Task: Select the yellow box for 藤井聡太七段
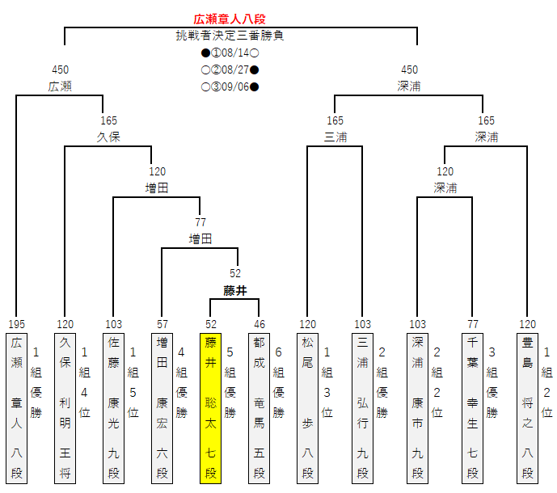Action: point(210,407)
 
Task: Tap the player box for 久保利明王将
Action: point(65,407)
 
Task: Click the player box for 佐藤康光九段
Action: point(114,407)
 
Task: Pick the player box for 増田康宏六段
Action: point(162,407)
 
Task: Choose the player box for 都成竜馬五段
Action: point(259,407)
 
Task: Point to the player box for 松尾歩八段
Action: point(307,407)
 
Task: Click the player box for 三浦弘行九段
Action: point(362,407)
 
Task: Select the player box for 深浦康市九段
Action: point(417,407)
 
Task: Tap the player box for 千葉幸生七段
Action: point(472,407)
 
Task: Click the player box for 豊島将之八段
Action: point(527,407)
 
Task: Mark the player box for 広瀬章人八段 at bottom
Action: point(16,407)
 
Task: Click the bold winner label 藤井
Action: point(234,289)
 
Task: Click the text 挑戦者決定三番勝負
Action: point(230,36)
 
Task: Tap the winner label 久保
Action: point(108,137)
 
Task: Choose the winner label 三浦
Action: point(335,137)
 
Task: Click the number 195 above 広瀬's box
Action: point(16,324)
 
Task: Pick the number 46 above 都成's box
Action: point(259,324)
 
